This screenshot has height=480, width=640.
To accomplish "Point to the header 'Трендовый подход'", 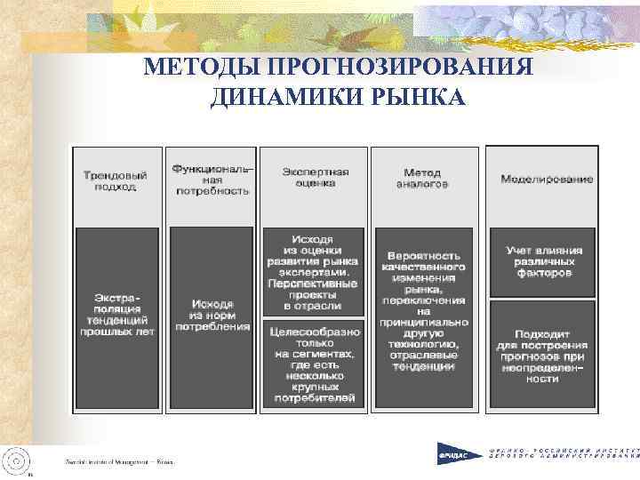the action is [116, 180].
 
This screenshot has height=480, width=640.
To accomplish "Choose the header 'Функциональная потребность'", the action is [212, 177].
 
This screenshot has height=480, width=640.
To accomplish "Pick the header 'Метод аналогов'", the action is [423, 178].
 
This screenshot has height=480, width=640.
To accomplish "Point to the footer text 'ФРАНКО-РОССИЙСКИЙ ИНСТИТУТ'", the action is [565, 452].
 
